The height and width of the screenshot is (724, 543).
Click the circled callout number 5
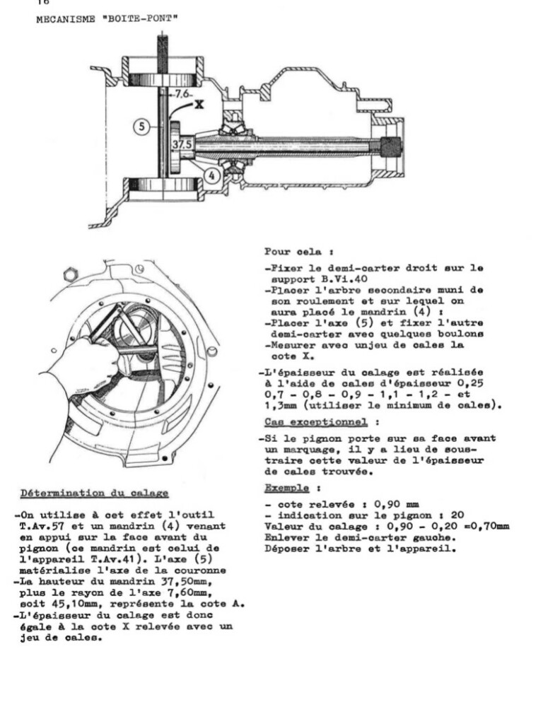(x=142, y=127)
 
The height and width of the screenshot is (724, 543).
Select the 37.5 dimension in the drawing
(x=181, y=144)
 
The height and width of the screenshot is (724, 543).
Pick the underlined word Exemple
(x=287, y=488)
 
